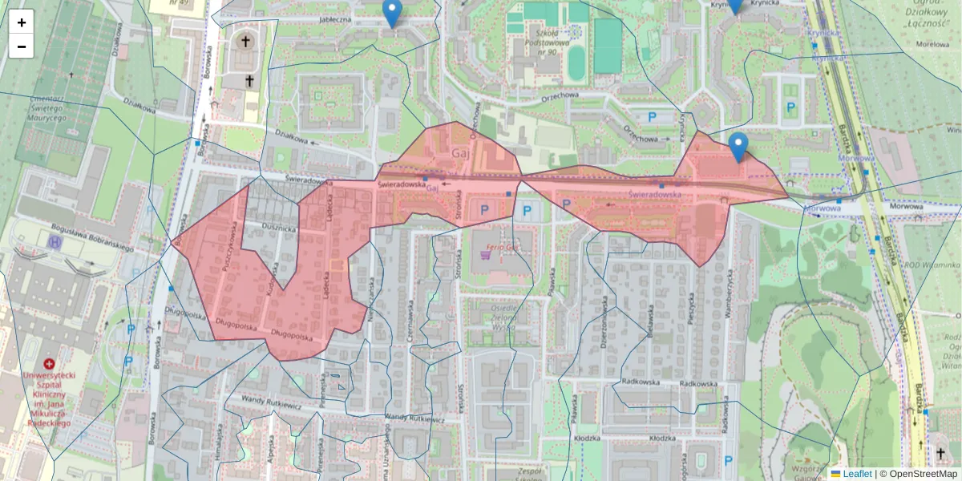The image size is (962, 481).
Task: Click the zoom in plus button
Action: tap(22, 22)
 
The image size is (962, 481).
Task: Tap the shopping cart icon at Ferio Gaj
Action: tap(485, 256)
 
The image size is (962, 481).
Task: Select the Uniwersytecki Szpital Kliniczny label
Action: tap(48, 398)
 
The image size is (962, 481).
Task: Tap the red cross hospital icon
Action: tap(49, 363)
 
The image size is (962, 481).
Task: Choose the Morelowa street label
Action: tap(932, 45)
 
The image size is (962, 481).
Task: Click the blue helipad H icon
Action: tap(55, 241)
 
